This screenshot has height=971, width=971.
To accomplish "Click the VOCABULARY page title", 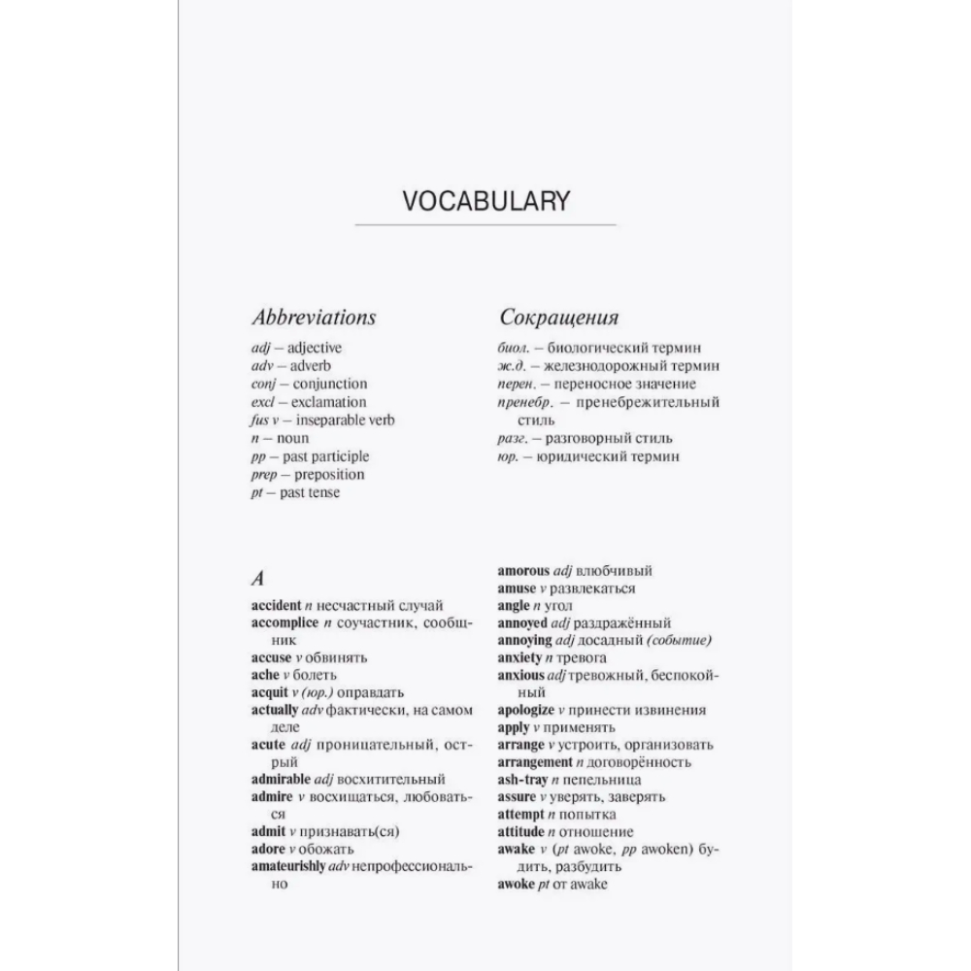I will pyautogui.click(x=485, y=201).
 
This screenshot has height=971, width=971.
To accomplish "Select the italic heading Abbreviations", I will pyautogui.click(x=313, y=318).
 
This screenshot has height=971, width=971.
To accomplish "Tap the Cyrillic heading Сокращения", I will pyautogui.click(x=558, y=318).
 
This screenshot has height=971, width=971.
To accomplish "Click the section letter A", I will pyautogui.click(x=257, y=579).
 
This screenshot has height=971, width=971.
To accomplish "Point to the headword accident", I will pyautogui.click(x=276, y=604).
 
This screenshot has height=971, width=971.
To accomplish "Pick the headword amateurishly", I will pyautogui.click(x=288, y=866).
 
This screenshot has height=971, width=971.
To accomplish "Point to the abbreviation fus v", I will pyautogui.click(x=265, y=420).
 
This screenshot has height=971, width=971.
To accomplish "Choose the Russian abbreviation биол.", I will pyautogui.click(x=513, y=348).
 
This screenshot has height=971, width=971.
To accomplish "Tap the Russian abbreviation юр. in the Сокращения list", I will pyautogui.click(x=507, y=456).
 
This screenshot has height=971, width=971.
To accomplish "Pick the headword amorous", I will pyautogui.click(x=523, y=571).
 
